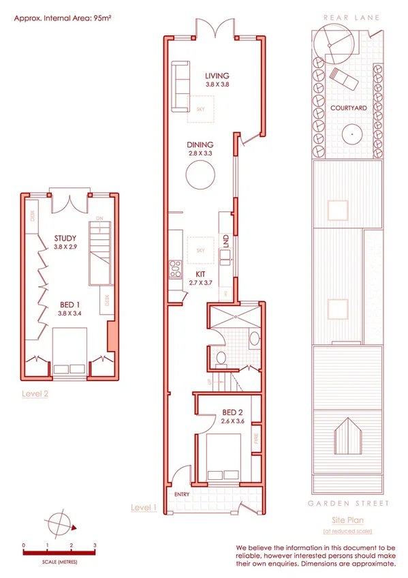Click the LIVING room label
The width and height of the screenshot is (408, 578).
(217, 76)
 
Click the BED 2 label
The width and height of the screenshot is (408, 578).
(233, 412)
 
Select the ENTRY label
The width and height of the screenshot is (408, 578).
(182, 494)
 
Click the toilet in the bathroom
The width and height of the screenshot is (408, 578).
(220, 359)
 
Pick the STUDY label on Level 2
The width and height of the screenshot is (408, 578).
(65, 238)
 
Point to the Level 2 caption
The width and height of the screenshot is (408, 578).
(35, 393)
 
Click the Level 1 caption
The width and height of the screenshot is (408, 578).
(144, 508)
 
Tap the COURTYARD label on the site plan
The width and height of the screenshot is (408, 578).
(348, 108)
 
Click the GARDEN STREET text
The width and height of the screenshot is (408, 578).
(347, 504)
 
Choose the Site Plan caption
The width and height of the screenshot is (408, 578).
(347, 520)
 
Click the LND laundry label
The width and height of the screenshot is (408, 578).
(225, 241)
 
